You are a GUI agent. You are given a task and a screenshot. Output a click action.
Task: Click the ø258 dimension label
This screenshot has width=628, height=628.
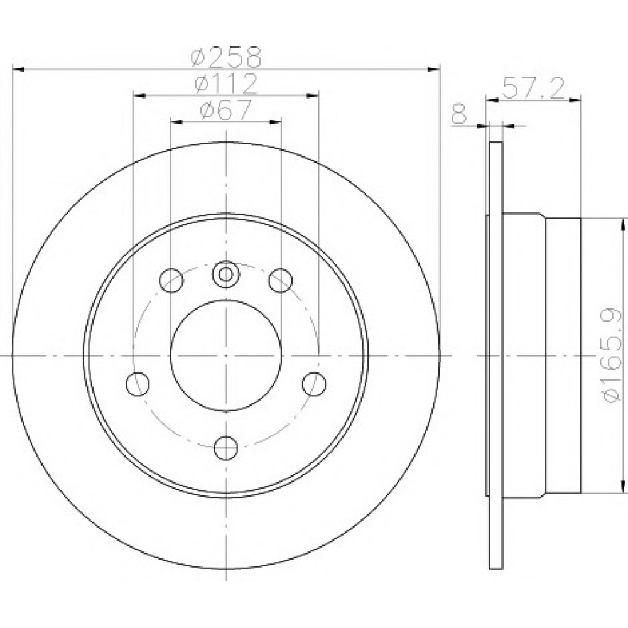(x=226, y=57)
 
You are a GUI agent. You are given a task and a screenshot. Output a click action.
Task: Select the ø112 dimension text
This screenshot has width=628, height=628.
(x=225, y=84)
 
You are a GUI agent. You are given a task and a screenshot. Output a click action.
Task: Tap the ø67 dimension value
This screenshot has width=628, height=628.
(x=226, y=109)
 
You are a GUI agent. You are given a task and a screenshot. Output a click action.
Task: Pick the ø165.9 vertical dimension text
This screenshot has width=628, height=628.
(x=612, y=355)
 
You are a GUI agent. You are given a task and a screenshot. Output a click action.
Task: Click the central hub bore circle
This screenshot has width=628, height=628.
(x=226, y=355)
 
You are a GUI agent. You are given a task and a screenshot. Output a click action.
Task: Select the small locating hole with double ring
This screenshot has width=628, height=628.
(x=226, y=274)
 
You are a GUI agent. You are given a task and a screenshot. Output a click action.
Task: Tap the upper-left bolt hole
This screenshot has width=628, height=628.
(x=171, y=280)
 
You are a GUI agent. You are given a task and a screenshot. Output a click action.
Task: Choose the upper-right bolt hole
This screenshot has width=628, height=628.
(x=280, y=280)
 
